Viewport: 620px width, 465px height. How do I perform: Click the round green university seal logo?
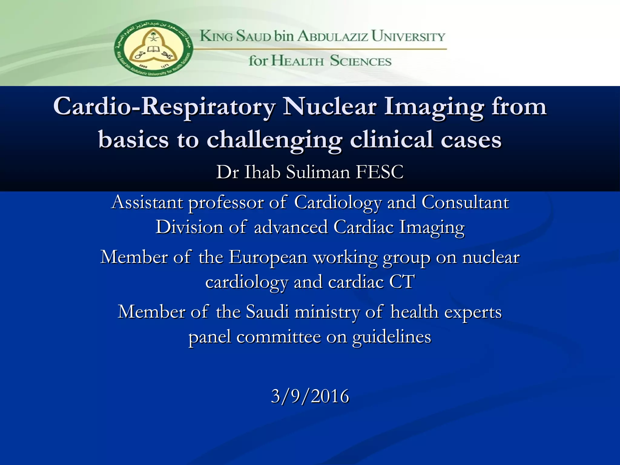[153, 48]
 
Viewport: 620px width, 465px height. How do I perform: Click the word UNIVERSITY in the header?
[408, 36]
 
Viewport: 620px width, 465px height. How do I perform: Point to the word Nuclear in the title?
[330, 107]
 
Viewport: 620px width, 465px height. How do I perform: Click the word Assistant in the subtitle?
[147, 202]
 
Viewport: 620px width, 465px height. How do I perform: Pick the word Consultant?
[465, 202]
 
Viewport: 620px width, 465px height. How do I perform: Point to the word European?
[268, 257]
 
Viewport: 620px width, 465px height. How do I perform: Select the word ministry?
[327, 312]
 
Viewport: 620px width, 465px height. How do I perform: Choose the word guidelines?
[392, 337]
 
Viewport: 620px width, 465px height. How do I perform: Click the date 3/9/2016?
[310, 396]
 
